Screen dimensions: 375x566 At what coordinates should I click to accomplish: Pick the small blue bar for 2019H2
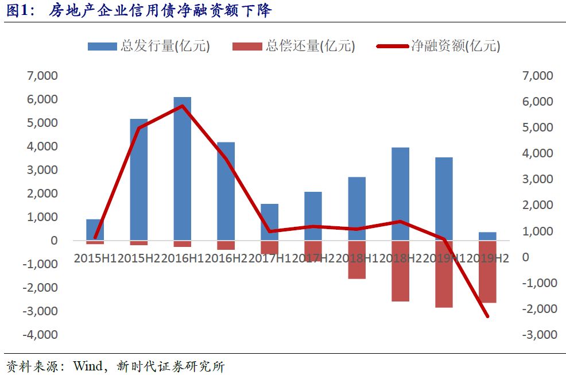coord(487,237)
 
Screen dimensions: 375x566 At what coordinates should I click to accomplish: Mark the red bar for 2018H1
coord(356,260)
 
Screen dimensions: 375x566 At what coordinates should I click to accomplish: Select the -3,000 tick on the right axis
coord(538,334)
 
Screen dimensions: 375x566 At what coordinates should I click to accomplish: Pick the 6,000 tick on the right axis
coord(538,102)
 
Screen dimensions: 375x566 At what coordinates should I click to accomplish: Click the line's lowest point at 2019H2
coord(487,316)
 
